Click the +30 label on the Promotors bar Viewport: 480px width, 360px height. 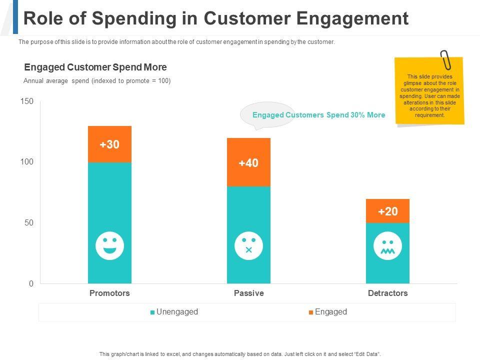pyautogui.click(x=109, y=144)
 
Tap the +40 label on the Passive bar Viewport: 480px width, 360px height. pyautogui.click(x=248, y=163)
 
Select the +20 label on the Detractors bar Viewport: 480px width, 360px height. pyautogui.click(x=387, y=211)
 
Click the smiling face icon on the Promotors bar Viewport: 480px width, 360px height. pyautogui.click(x=109, y=245)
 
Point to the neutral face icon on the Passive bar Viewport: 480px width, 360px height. pyautogui.click(x=248, y=245)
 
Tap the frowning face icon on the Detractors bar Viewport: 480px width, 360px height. pyautogui.click(x=387, y=245)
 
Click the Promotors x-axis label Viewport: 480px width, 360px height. pyautogui.click(x=109, y=293)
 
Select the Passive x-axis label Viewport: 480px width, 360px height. pyautogui.click(x=248, y=293)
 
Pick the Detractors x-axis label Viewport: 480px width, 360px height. pyautogui.click(x=387, y=293)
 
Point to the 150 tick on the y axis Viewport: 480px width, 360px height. pyautogui.click(x=27, y=101)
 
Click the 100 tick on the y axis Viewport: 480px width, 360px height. pyautogui.click(x=27, y=162)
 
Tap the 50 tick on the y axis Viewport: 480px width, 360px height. pyautogui.click(x=29, y=222)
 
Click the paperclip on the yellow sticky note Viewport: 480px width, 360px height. pyautogui.click(x=445, y=60)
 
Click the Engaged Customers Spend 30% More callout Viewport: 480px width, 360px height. pyautogui.click(x=318, y=115)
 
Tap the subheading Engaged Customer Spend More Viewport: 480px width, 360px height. pyautogui.click(x=95, y=67)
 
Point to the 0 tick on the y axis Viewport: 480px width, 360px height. pyautogui.click(x=31, y=283)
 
